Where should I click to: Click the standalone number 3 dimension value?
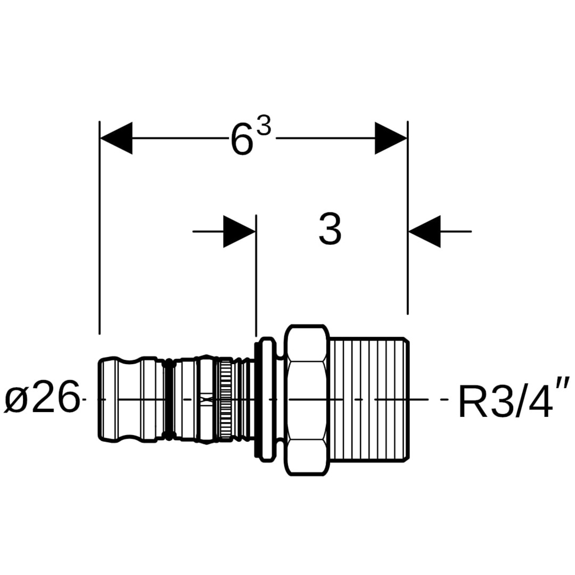330,229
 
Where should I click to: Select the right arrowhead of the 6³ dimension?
391,138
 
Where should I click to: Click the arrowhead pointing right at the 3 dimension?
240,232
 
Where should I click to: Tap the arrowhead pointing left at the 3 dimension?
425,232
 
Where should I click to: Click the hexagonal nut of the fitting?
306,399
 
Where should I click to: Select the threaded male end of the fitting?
369,399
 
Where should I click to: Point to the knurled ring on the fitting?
226,399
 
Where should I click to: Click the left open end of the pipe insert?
106,399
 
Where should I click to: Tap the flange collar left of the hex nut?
266,399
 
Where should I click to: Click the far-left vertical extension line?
100,229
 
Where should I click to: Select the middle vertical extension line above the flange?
257,277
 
